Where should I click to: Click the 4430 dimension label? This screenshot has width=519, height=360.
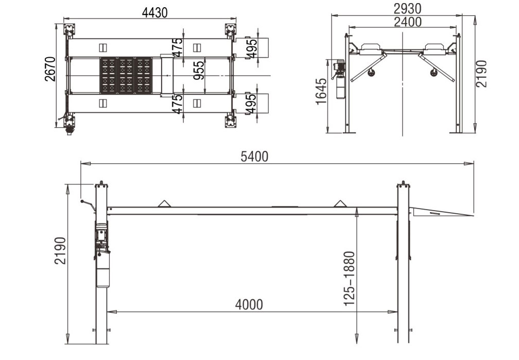pos(154,12)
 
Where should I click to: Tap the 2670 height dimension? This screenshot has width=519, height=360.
pos(50,69)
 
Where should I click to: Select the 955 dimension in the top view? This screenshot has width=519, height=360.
pos(199,70)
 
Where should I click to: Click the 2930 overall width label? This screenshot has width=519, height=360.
pos(407,9)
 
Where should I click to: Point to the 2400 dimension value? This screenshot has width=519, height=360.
pos(408,22)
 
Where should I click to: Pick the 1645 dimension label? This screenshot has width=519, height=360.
pos(321,92)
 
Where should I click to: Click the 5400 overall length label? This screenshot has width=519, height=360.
pos(254,157)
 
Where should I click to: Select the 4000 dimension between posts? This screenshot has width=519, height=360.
pos(249,304)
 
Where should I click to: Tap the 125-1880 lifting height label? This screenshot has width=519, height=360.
pos(349,279)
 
